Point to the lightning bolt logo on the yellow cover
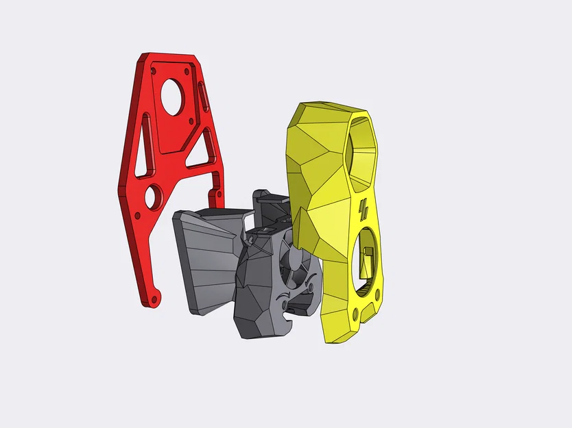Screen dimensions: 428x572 pyautogui.click(x=364, y=207)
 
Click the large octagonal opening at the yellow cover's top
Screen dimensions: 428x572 pyautogui.click(x=361, y=147)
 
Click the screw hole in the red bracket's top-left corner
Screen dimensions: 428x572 pyautogui.click(x=154, y=69)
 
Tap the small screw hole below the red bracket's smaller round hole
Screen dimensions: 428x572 pyautogui.click(x=137, y=215)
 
